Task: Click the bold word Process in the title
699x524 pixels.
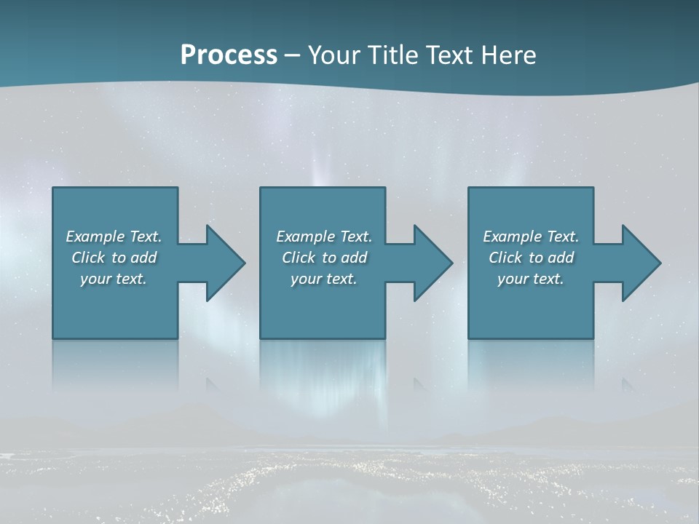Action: pos(229,55)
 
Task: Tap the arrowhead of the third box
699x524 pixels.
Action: pos(640,263)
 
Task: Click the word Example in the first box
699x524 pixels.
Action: pos(95,237)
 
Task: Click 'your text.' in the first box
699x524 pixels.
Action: pos(114,279)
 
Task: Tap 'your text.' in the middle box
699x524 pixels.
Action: pos(324,279)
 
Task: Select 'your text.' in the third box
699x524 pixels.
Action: pos(531,279)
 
